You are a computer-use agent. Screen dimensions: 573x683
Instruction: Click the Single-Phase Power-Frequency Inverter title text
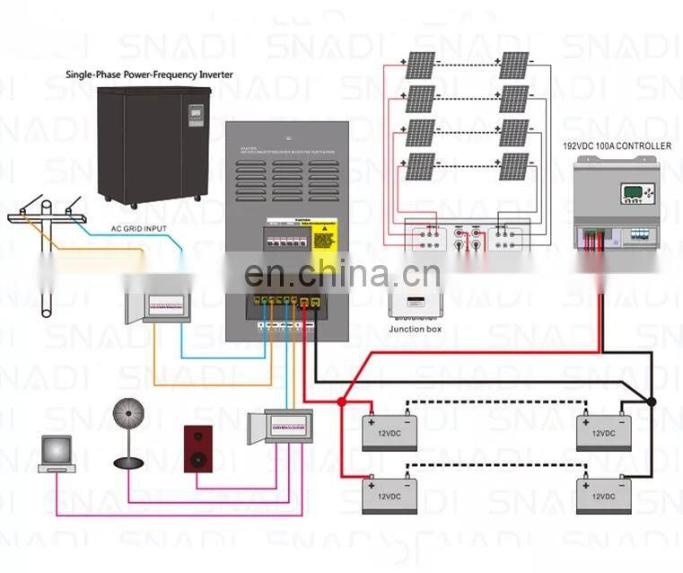pyautogui.click(x=149, y=75)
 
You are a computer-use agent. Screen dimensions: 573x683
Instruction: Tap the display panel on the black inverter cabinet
pyautogui.click(x=196, y=115)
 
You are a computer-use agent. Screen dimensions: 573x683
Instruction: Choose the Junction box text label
pyautogui.click(x=414, y=329)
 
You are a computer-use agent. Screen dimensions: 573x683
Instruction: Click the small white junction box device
pyautogui.click(x=414, y=304)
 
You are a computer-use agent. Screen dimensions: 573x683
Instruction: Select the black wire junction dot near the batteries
pyautogui.click(x=652, y=401)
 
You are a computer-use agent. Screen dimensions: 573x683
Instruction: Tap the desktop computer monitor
pyautogui.click(x=57, y=450)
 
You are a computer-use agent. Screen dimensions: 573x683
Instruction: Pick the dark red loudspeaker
pyautogui.click(x=198, y=448)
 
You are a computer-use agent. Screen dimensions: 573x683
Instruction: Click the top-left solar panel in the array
pyautogui.click(x=420, y=65)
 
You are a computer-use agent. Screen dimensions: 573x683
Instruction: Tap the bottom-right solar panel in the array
pyautogui.click(x=513, y=166)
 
